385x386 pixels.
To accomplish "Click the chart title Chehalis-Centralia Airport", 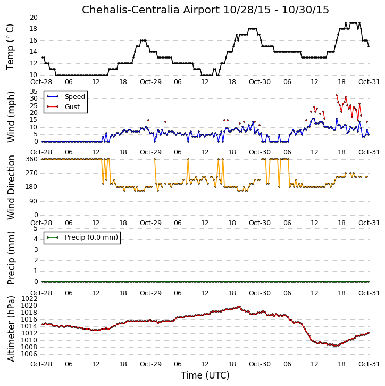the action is click(x=150, y=10).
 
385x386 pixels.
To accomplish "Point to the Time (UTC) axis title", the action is click(x=205, y=375).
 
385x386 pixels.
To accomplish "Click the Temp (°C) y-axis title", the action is click(x=10, y=47).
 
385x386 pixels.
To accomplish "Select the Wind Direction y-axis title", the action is click(x=11, y=187).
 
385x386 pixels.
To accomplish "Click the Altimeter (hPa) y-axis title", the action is click(x=11, y=328).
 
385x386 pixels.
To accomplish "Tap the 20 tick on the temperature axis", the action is click(x=34, y=18).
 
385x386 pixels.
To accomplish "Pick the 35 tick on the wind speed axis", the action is click(x=34, y=92).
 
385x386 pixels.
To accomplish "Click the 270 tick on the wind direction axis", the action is click(x=32, y=173).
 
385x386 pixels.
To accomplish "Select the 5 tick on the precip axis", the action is click(x=36, y=228).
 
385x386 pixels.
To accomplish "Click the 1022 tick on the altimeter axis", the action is click(x=30, y=299).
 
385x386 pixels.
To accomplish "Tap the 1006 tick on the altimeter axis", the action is click(x=30, y=354).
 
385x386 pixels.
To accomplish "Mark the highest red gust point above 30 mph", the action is click(x=337, y=95).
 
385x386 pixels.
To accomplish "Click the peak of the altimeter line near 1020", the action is click(x=239, y=307).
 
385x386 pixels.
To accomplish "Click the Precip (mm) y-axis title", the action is click(x=11, y=258).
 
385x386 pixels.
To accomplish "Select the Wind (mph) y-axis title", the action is click(x=11, y=117).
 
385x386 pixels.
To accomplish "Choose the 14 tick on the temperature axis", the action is click(x=34, y=52).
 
